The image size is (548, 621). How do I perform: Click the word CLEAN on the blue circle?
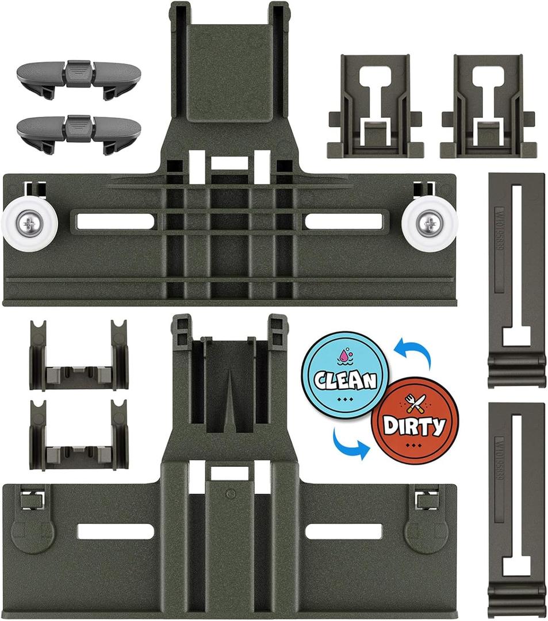click(345, 379)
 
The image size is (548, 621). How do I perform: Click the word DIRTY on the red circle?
click(415, 425)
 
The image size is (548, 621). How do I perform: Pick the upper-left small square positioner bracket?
click(376, 107)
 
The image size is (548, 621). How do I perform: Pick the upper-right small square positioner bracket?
click(489, 107)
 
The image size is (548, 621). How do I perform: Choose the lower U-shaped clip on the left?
click(79, 434)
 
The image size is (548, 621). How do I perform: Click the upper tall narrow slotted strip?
click(516, 279)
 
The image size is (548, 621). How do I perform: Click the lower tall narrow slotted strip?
click(516, 509)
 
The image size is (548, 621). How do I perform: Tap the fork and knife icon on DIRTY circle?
click(415, 405)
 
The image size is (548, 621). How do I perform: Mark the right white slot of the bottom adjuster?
click(343, 532)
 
